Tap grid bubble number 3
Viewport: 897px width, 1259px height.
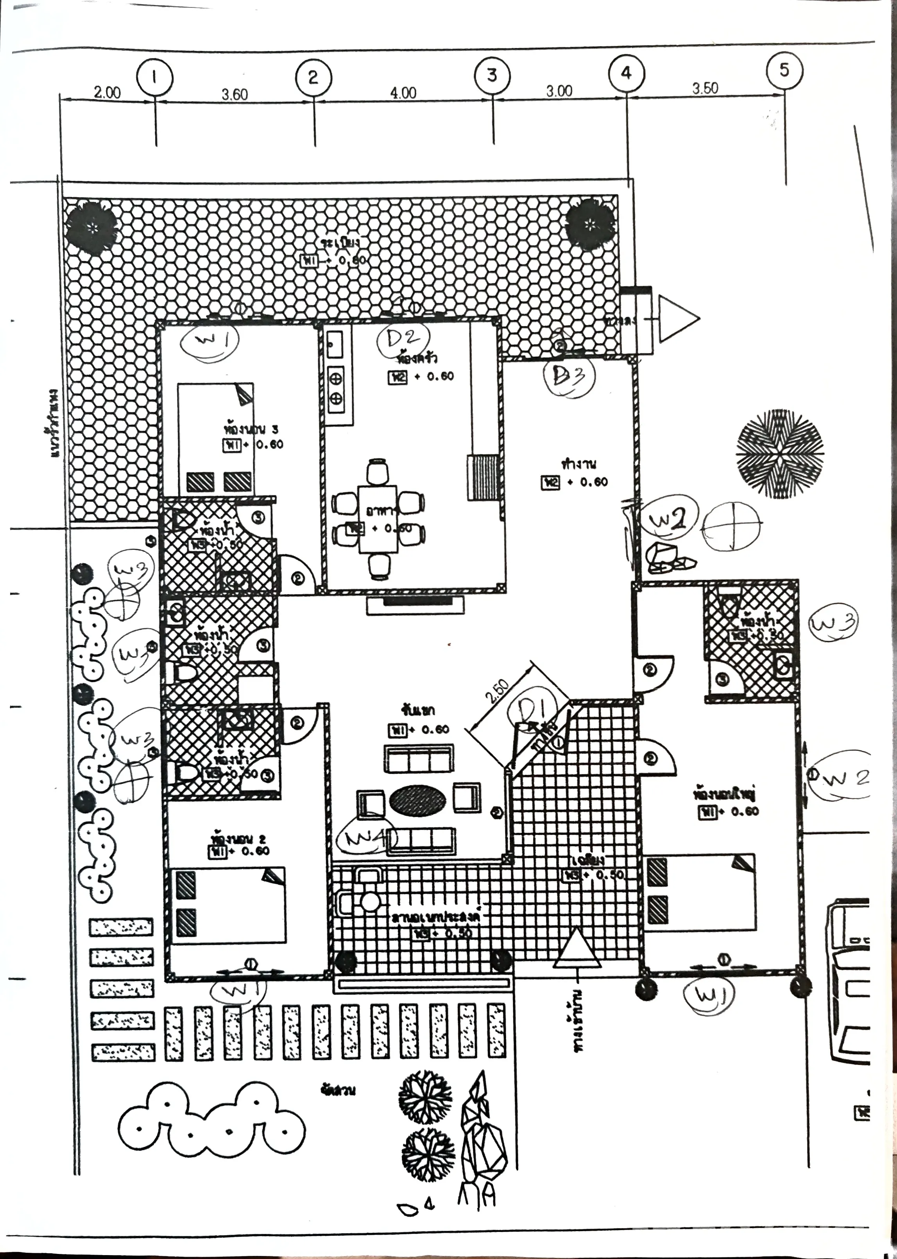[x=492, y=75]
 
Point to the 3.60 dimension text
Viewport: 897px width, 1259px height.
[x=235, y=95]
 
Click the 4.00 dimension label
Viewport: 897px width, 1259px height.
[x=403, y=93]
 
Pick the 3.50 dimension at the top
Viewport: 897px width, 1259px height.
[x=705, y=88]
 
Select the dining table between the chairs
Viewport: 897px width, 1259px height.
[x=378, y=518]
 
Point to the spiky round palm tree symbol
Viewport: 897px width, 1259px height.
[x=779, y=453]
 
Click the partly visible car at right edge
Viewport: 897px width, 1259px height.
[x=849, y=981]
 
